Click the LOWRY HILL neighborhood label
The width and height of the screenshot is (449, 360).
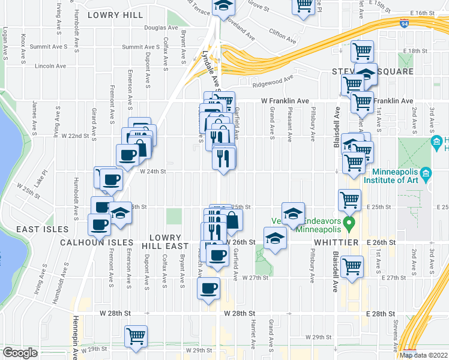click(115, 15)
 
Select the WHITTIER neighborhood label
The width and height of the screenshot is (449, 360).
click(336, 242)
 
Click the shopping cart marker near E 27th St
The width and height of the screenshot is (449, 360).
click(351, 266)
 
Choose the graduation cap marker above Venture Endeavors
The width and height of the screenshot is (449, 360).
click(292, 214)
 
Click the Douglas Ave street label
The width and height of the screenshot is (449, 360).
click(155, 28)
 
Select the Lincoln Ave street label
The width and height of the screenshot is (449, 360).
click(50, 66)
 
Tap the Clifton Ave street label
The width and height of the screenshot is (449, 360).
click(282, 36)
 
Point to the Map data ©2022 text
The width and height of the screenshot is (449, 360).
click(423, 355)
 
